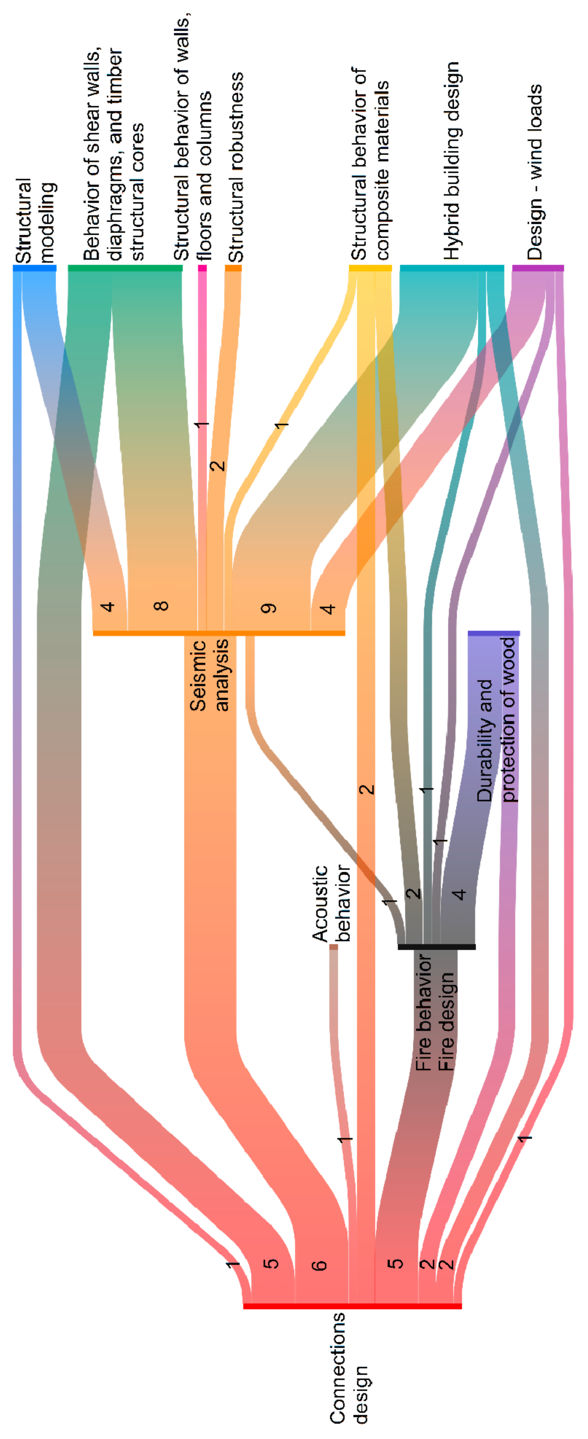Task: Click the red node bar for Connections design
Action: coord(352,1306)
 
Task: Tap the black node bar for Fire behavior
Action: coord(437,947)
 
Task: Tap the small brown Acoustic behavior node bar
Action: coord(334,947)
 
